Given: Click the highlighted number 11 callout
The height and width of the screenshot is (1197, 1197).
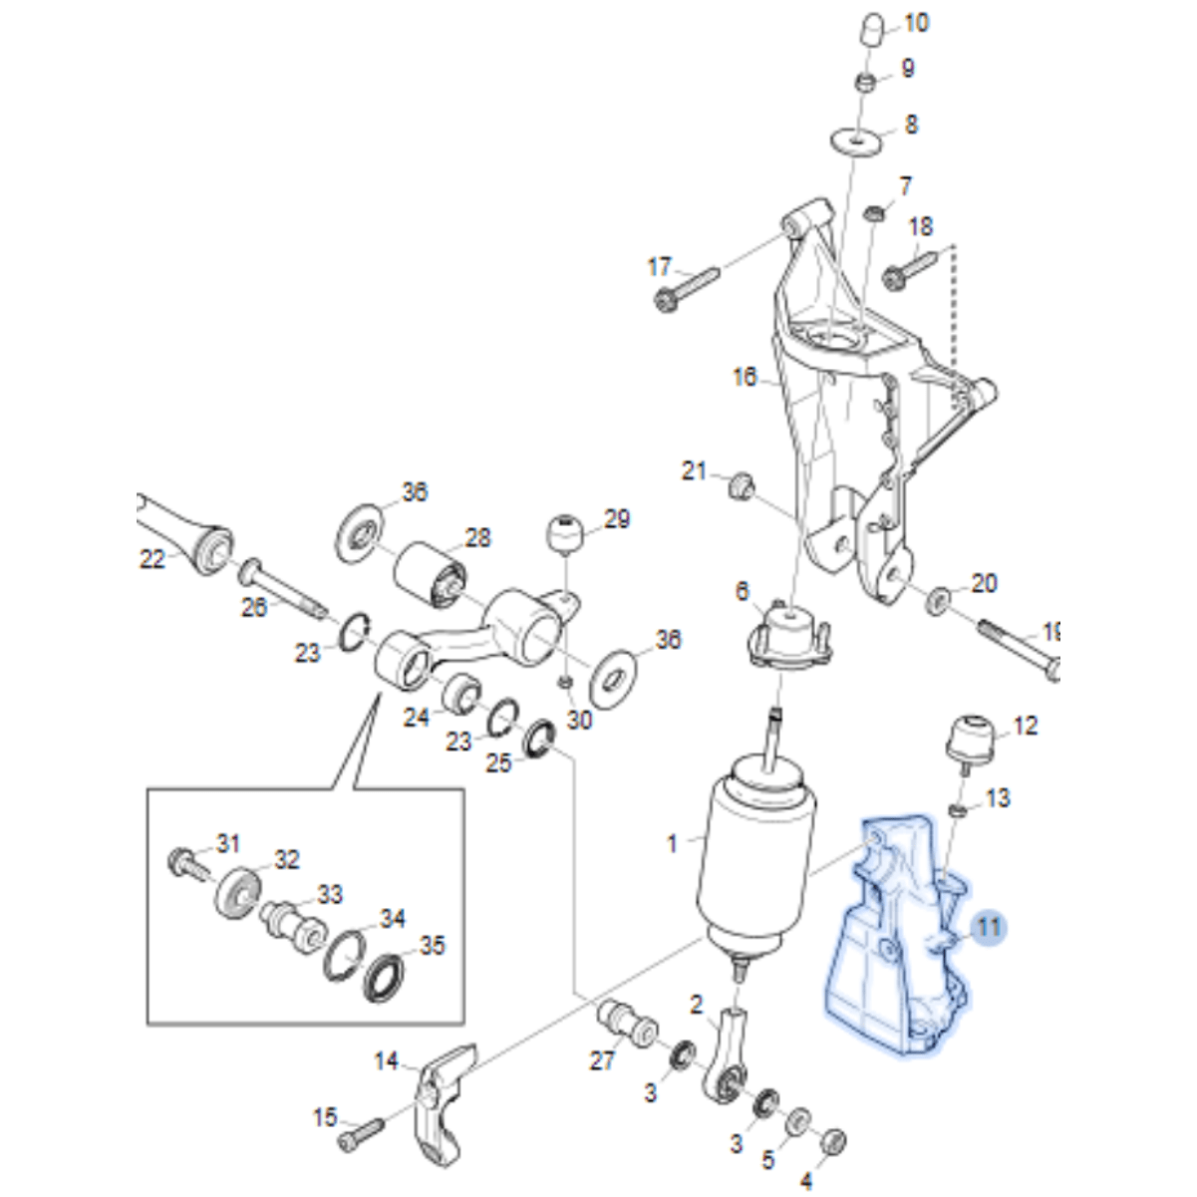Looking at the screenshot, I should [988, 928].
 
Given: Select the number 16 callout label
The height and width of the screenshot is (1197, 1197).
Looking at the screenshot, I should [746, 378].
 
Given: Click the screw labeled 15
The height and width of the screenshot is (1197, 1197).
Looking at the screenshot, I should [360, 1131].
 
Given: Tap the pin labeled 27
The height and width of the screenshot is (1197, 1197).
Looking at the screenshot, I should [624, 1023].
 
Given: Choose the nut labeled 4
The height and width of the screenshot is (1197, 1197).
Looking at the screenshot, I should [835, 1138].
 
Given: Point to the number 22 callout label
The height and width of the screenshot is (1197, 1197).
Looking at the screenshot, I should [151, 560].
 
